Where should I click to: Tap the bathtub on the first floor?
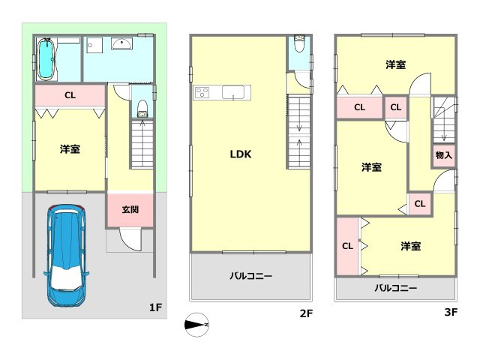pos(46,58)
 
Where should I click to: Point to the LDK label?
pos(240,154)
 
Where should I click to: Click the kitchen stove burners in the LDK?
pos(203,93)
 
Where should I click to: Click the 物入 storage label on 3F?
pos(443,155)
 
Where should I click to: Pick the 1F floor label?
pos(155,307)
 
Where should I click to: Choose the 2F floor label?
pos(305,313)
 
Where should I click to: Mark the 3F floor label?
pos(450,313)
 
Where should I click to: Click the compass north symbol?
pos(197,324)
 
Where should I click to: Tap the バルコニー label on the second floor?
pos(250,276)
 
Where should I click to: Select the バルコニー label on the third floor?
pos(395,288)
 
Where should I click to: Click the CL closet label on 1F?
pos(70,95)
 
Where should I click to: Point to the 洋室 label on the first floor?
pos(70,149)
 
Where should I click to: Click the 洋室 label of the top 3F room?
pos(396,65)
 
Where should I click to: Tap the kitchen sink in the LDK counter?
pos(234,93)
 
